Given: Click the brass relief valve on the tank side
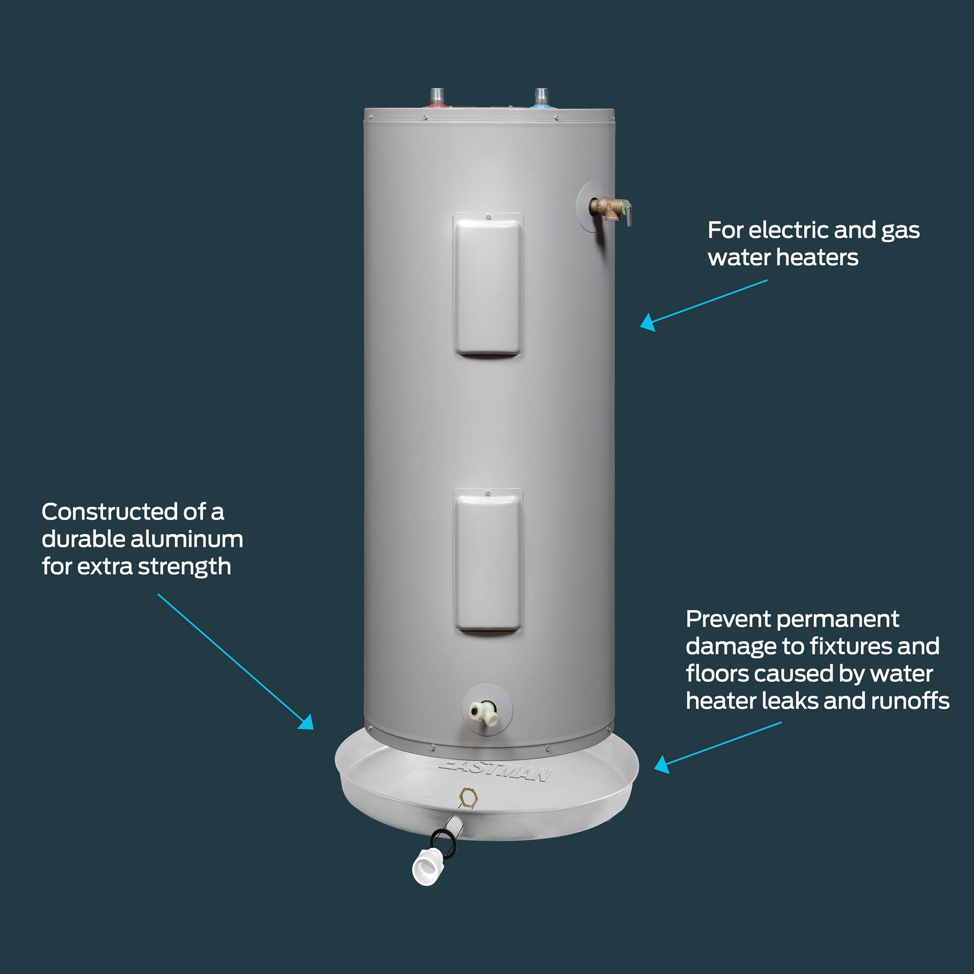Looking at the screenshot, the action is [x=610, y=209].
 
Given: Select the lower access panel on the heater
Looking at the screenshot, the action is [x=488, y=561].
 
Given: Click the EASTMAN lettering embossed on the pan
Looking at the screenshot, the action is [x=496, y=772].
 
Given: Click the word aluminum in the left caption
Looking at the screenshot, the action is [x=187, y=539].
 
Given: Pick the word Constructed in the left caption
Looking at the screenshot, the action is [x=109, y=512].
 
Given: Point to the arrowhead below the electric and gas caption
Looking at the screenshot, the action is [x=647, y=323].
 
